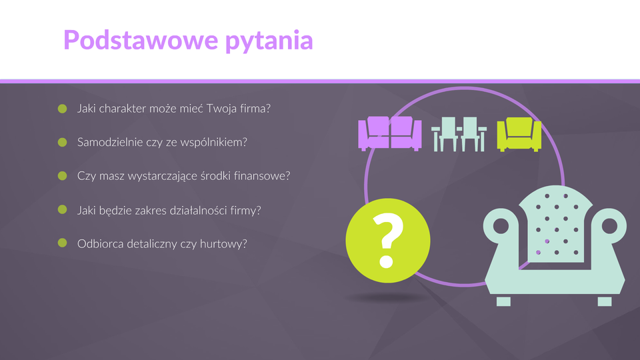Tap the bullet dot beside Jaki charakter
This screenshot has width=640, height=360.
click(x=63, y=109)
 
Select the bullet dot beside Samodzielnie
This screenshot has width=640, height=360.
click(x=63, y=142)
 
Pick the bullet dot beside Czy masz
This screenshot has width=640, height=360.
click(x=63, y=175)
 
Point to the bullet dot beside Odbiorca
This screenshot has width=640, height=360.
click(x=63, y=243)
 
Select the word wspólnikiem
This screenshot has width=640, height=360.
click(x=214, y=143)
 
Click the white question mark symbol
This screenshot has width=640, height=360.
click(x=388, y=241)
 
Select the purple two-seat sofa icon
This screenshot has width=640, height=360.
click(x=390, y=133)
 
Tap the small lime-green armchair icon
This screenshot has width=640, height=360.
click(x=519, y=134)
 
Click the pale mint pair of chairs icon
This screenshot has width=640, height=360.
click(x=459, y=134)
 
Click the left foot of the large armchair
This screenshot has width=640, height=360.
click(x=503, y=301)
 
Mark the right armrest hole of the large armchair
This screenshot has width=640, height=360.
click(x=610, y=226)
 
